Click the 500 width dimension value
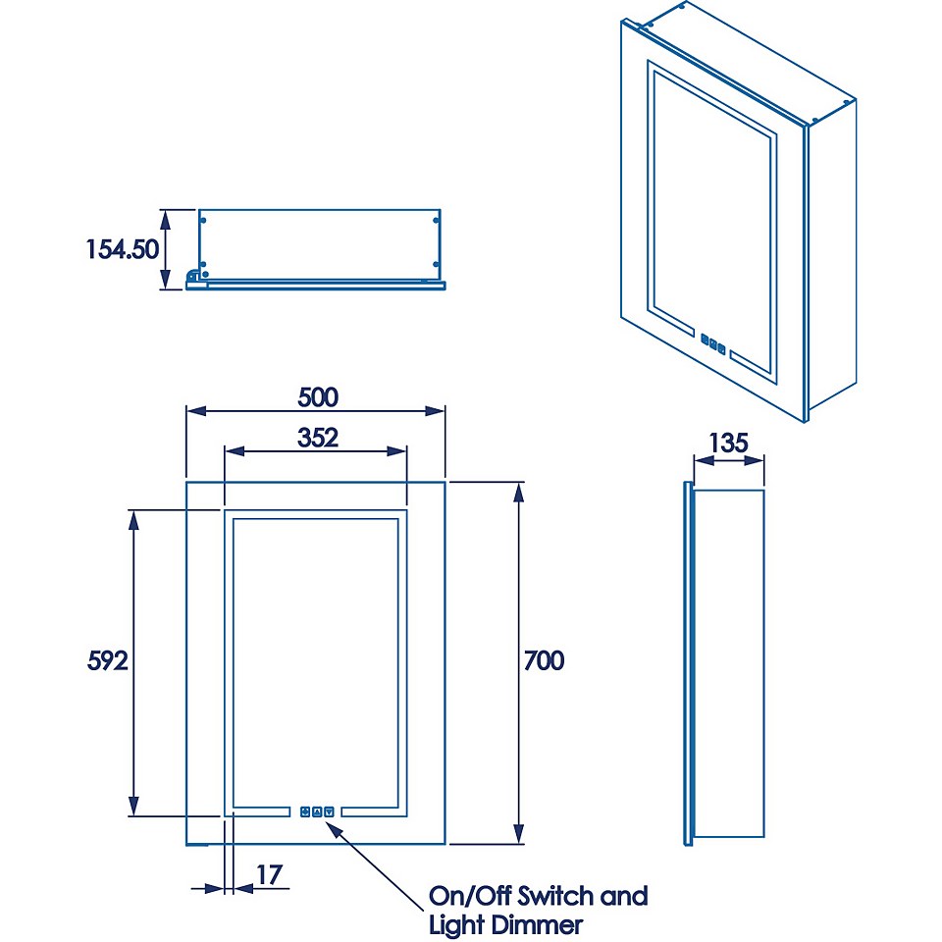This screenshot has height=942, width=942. click(317, 396)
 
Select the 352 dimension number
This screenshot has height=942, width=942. click(317, 437)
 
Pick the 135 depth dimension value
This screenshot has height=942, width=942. click(728, 443)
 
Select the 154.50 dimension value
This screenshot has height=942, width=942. click(122, 248)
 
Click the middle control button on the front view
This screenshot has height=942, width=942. click(317, 811)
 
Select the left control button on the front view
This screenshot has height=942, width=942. click(305, 811)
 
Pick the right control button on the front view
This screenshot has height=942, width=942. click(329, 811)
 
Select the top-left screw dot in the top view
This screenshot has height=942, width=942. click(203, 220)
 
